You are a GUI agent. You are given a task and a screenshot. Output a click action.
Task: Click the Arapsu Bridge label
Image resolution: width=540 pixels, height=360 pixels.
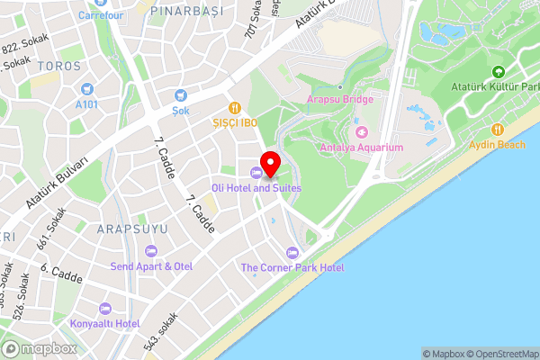coord(339,100)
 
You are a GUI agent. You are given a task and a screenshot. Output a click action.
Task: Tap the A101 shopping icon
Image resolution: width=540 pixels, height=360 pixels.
coord(87,89)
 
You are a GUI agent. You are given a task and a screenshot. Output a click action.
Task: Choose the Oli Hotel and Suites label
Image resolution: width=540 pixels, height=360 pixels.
coord(256,188)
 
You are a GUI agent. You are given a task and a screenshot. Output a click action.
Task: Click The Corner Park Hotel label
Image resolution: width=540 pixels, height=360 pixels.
coord(292,267)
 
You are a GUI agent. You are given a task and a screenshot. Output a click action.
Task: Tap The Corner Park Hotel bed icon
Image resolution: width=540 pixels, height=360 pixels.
coord(291,252)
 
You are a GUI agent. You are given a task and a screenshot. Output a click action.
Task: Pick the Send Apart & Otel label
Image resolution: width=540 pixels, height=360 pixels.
coord(152,266)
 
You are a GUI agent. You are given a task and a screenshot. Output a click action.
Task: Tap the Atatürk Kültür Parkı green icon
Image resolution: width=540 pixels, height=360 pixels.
coord(498,72)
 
